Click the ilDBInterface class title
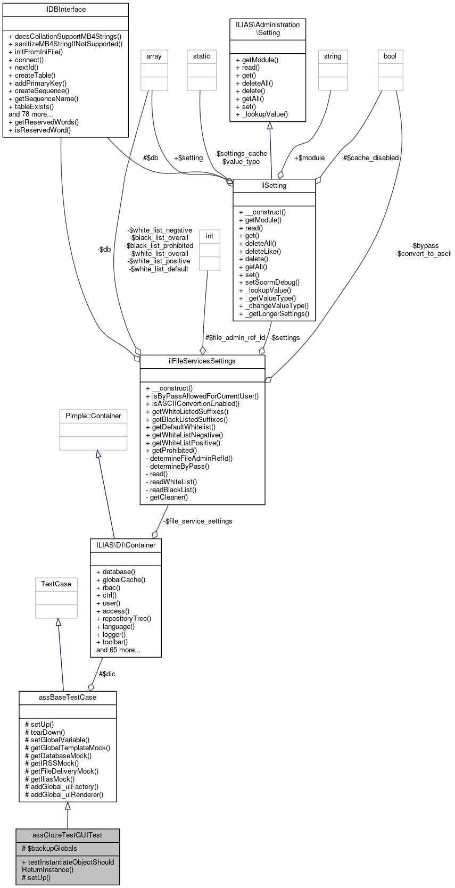click(x=65, y=10)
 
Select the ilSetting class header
click(x=274, y=186)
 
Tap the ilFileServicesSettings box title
click(x=202, y=361)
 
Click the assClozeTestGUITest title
click(x=68, y=835)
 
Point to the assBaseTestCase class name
click(x=68, y=698)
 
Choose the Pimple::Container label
click(x=93, y=416)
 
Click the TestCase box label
click(x=56, y=584)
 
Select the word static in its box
click(x=202, y=56)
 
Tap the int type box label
click(x=210, y=236)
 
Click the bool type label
click(x=390, y=56)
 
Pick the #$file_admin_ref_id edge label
click(x=235, y=338)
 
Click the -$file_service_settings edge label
click(x=197, y=521)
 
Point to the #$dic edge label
click(x=107, y=674)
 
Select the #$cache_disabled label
click(x=371, y=158)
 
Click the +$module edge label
click(x=309, y=158)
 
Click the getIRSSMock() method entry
click(x=52, y=763)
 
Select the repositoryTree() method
click(x=123, y=619)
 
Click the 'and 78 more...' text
click(x=31, y=114)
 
